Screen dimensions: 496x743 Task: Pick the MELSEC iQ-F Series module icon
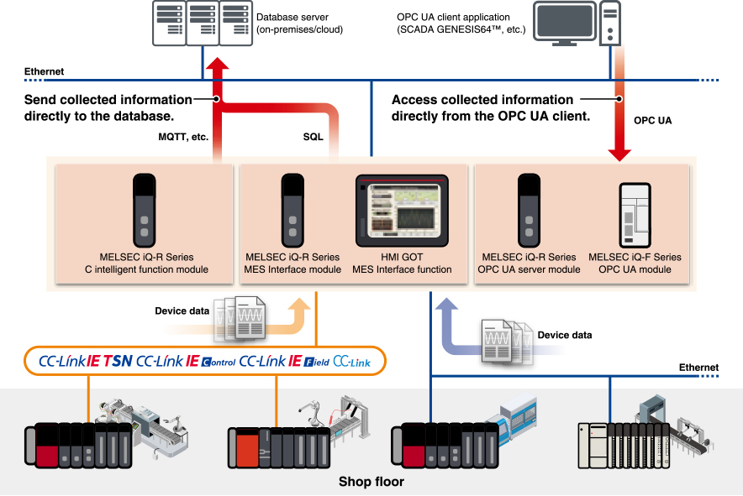tap(635, 215)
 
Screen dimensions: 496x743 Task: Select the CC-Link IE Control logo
tap(186, 361)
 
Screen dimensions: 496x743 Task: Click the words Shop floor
tap(371, 482)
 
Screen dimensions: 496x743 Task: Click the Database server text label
tap(299, 23)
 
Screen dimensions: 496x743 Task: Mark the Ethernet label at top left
tap(44, 72)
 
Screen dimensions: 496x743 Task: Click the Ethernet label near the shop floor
tap(698, 368)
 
